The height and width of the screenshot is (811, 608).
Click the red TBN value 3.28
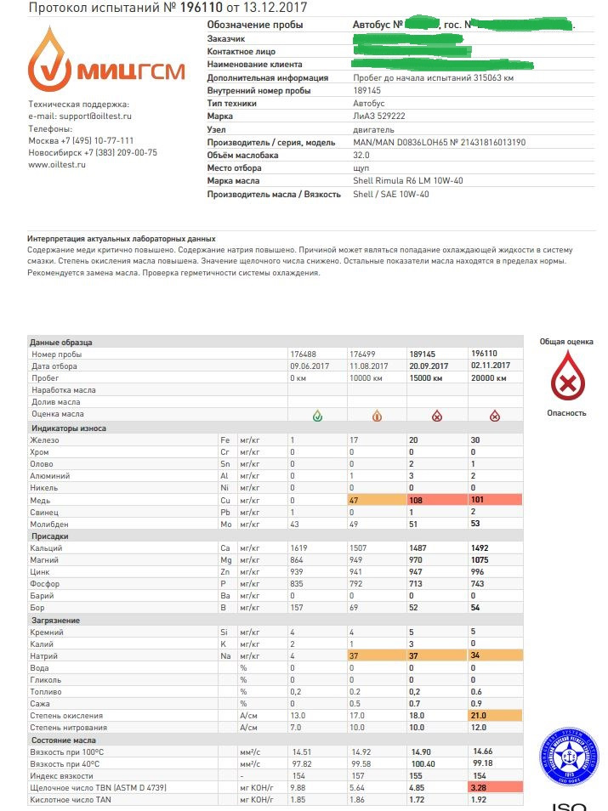pyautogui.click(x=480, y=788)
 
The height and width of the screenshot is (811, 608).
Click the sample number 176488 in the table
pyautogui.click(x=304, y=354)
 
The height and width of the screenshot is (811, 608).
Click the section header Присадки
pyautogui.click(x=48, y=536)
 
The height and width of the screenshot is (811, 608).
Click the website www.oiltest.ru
pyautogui.click(x=57, y=164)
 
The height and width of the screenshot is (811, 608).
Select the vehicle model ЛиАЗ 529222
pyautogui.click(x=378, y=116)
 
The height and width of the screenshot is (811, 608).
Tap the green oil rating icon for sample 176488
pyautogui.click(x=317, y=416)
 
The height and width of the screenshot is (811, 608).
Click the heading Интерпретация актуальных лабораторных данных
pyautogui.click(x=122, y=239)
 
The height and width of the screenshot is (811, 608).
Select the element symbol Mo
pyautogui.click(x=225, y=524)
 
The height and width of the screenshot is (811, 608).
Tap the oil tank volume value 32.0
pyautogui.click(x=361, y=155)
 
